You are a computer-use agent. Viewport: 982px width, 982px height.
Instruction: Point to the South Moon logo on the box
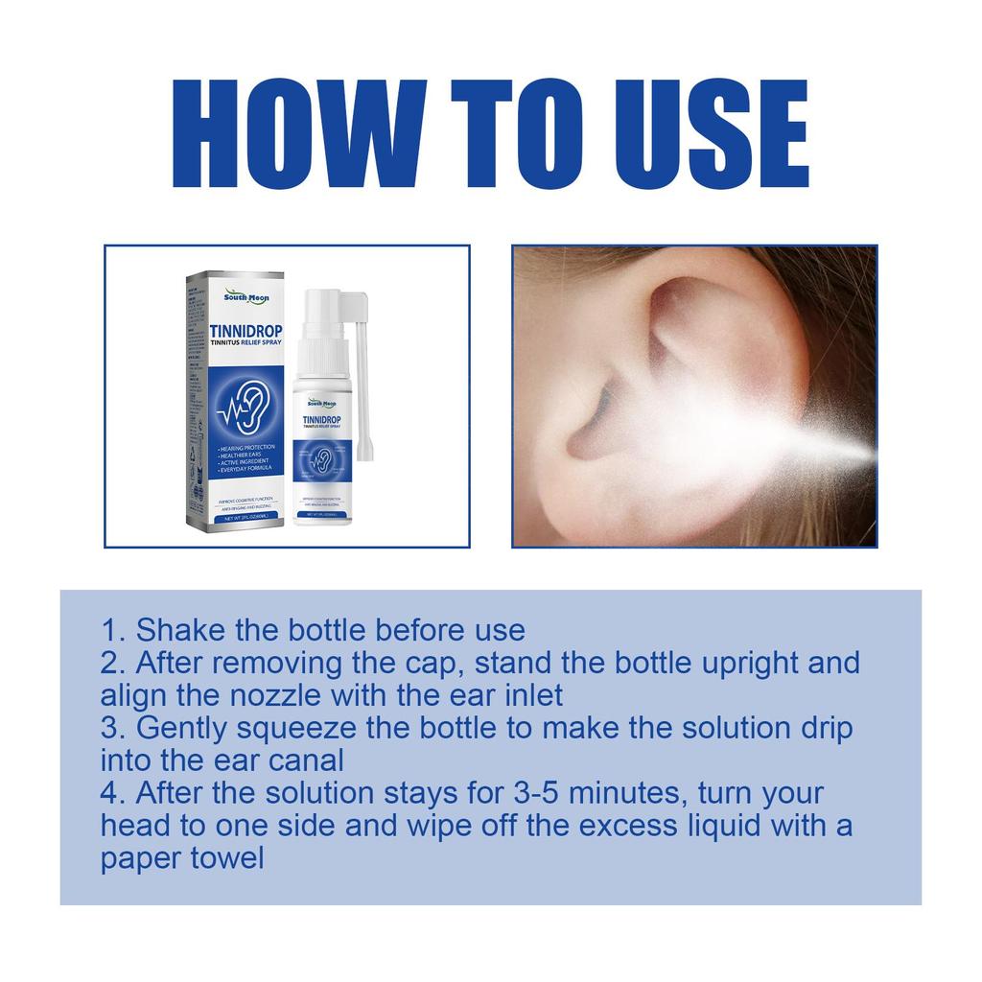(246, 297)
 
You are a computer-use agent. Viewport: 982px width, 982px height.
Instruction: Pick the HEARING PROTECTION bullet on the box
(246, 448)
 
